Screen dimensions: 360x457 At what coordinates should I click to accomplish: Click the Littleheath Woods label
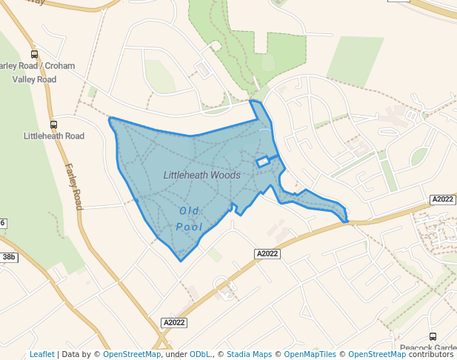click(x=201, y=176)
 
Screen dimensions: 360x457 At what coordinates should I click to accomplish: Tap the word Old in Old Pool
click(x=189, y=210)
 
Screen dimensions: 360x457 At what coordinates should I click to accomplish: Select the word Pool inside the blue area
click(x=190, y=227)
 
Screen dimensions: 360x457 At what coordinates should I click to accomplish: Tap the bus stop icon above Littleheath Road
click(x=53, y=124)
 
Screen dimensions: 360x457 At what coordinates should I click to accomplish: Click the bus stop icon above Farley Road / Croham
click(x=34, y=54)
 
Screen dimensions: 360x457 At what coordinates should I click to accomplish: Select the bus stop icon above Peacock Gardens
click(x=433, y=336)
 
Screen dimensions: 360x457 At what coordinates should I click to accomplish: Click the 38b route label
click(x=9, y=257)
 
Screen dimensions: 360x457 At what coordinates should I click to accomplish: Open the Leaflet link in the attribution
click(x=42, y=354)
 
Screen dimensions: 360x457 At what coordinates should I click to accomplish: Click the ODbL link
click(x=199, y=354)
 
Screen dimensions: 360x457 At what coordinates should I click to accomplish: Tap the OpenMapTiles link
click(x=307, y=354)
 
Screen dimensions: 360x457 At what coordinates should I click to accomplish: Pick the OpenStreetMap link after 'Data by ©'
click(x=132, y=354)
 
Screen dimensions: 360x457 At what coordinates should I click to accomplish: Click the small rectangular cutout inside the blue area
click(x=262, y=161)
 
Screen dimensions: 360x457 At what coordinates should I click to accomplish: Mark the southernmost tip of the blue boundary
click(x=180, y=261)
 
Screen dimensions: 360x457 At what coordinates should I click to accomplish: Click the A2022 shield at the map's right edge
click(x=442, y=199)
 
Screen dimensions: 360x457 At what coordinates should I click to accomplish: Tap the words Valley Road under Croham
click(x=34, y=79)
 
